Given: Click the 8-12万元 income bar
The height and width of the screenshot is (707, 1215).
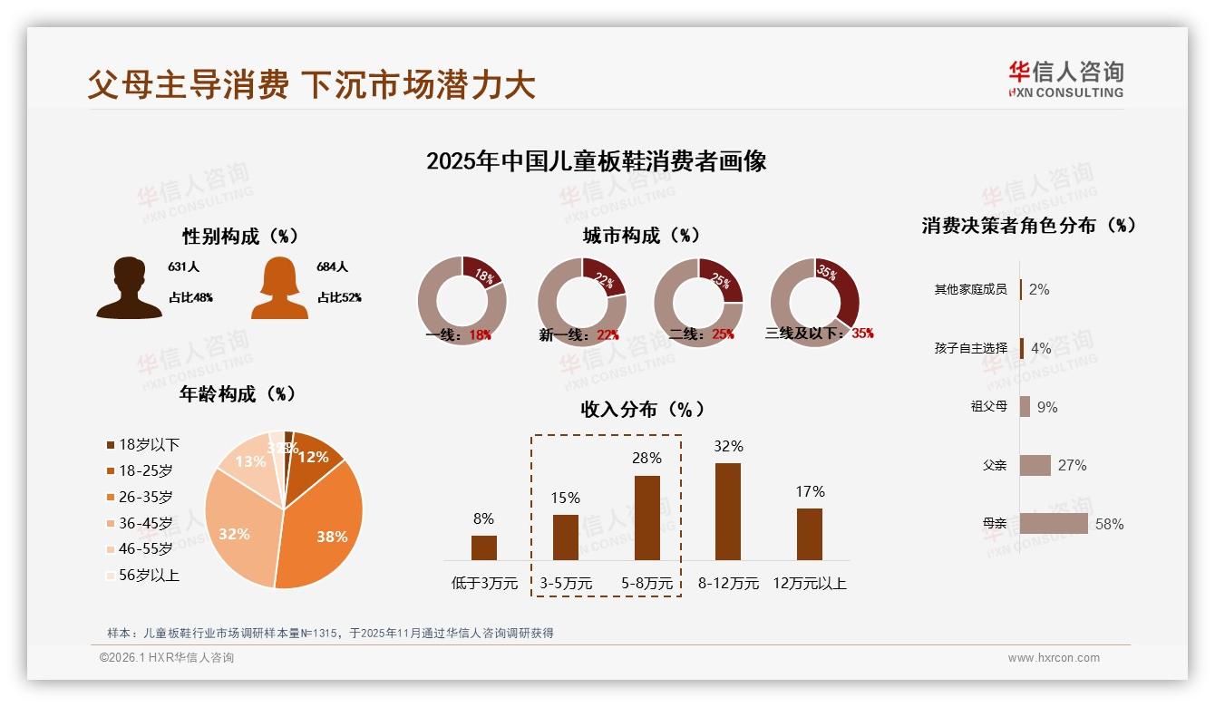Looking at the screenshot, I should (x=728, y=511).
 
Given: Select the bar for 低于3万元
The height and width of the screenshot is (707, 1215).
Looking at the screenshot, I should (x=484, y=547).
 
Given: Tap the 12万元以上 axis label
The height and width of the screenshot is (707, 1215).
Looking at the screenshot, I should (x=809, y=584).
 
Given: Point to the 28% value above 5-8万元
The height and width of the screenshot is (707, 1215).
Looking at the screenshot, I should (x=646, y=459).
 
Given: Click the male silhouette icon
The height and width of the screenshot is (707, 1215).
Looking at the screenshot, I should (x=129, y=288).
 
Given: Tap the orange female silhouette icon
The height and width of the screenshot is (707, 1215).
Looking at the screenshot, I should (x=279, y=288).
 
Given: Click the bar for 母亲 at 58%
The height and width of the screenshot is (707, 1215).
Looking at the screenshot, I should (x=1054, y=524).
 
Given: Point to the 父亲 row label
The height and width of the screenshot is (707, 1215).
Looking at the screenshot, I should (x=995, y=465).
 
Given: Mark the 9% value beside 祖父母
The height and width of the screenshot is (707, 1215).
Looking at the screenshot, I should (x=1046, y=407).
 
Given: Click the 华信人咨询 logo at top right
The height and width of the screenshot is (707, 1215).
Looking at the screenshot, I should (x=1065, y=80).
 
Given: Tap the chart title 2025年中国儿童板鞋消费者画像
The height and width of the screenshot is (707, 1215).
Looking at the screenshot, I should (x=596, y=161).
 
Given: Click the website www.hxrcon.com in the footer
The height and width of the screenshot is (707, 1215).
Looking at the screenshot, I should (x=1054, y=658).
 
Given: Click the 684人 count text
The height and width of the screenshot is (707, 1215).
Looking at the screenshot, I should (x=332, y=267).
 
